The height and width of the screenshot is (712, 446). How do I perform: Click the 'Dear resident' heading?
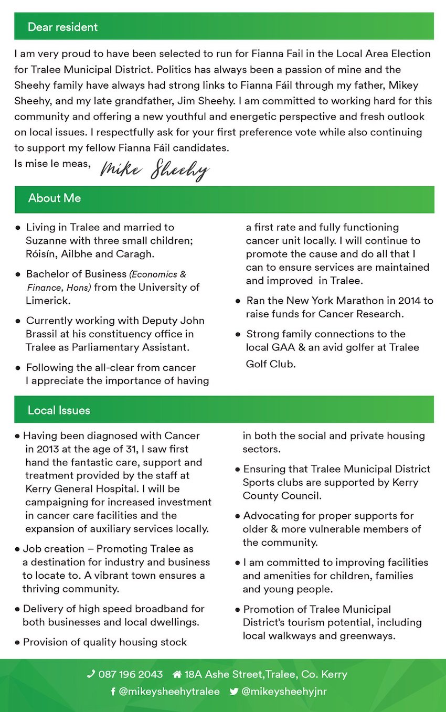click(x=62, y=27)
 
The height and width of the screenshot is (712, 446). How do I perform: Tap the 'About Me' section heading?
click(x=55, y=198)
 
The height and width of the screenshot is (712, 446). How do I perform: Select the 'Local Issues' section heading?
click(x=59, y=410)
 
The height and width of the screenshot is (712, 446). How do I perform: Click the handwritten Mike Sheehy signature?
click(x=155, y=169)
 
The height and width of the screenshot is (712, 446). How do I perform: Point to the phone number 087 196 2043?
click(x=131, y=674)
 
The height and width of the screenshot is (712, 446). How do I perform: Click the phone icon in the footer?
click(x=91, y=674)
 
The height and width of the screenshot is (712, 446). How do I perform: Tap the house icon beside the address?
click(x=177, y=674)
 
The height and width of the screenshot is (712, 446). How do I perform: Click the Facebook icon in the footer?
click(x=113, y=692)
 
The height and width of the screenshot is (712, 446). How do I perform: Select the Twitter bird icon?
click(x=234, y=692)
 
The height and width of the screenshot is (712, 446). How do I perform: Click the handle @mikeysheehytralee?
click(x=169, y=692)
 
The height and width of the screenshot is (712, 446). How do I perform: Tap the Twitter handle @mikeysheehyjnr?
click(x=284, y=692)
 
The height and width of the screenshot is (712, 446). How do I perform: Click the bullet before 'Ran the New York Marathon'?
click(x=238, y=301)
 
